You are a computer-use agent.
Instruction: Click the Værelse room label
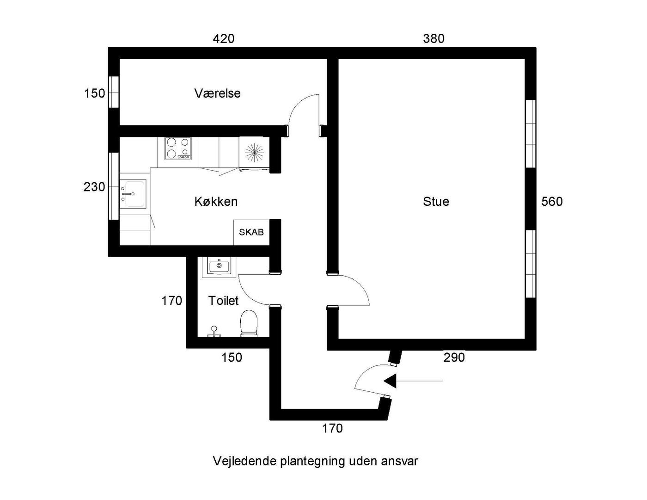[217, 93]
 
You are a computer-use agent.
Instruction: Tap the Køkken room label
[216, 201]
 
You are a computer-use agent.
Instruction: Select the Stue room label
[436, 201]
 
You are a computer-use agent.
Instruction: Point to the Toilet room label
[223, 301]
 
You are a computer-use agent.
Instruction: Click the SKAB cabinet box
[251, 232]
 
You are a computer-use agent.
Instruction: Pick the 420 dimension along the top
[224, 38]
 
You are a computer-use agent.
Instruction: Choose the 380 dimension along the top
[434, 38]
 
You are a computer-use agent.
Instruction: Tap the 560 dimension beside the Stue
[552, 201]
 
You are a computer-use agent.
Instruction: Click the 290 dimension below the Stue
[454, 357]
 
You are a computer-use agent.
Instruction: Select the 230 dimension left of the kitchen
[94, 187]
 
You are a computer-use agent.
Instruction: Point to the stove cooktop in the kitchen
[178, 148]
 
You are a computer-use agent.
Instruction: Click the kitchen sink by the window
[133, 194]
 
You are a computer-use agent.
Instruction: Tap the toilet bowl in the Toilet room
[249, 323]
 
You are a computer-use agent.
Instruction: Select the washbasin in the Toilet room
[219, 265]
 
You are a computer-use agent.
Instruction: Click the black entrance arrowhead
[390, 381]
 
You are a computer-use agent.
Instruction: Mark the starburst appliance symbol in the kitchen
[254, 153]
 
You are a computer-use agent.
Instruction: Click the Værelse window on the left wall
[113, 92]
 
